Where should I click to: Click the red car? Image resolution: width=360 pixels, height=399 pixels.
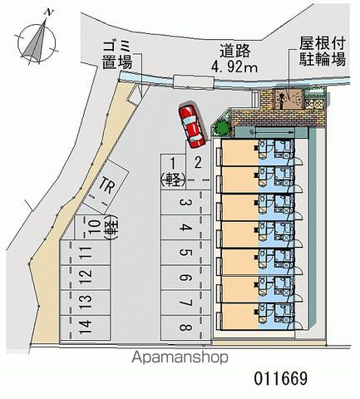(192, 124)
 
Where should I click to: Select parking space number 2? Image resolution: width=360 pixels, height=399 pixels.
(197, 160)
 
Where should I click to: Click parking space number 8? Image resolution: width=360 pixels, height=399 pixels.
(186, 328)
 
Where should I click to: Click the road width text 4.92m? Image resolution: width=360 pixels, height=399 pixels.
(234, 67)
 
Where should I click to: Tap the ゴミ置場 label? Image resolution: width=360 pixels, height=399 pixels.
(117, 55)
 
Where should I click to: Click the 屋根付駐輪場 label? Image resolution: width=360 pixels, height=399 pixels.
(323, 52)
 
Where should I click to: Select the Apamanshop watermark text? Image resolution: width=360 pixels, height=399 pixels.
(180, 357)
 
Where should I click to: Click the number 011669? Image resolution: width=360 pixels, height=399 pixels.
(281, 378)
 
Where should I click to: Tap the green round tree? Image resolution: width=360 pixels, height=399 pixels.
(223, 128)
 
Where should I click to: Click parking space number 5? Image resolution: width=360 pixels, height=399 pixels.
(186, 253)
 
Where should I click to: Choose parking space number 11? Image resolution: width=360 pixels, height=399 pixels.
(85, 253)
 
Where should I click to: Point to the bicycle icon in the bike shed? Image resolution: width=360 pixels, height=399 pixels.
(282, 100)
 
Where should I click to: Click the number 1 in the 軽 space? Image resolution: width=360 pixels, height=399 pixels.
(173, 164)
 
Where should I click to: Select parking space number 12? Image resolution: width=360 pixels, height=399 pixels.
(85, 278)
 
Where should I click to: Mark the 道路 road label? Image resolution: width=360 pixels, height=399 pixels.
(235, 51)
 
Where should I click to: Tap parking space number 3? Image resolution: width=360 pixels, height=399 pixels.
(186, 203)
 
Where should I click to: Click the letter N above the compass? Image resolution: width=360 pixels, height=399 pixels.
(49, 12)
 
